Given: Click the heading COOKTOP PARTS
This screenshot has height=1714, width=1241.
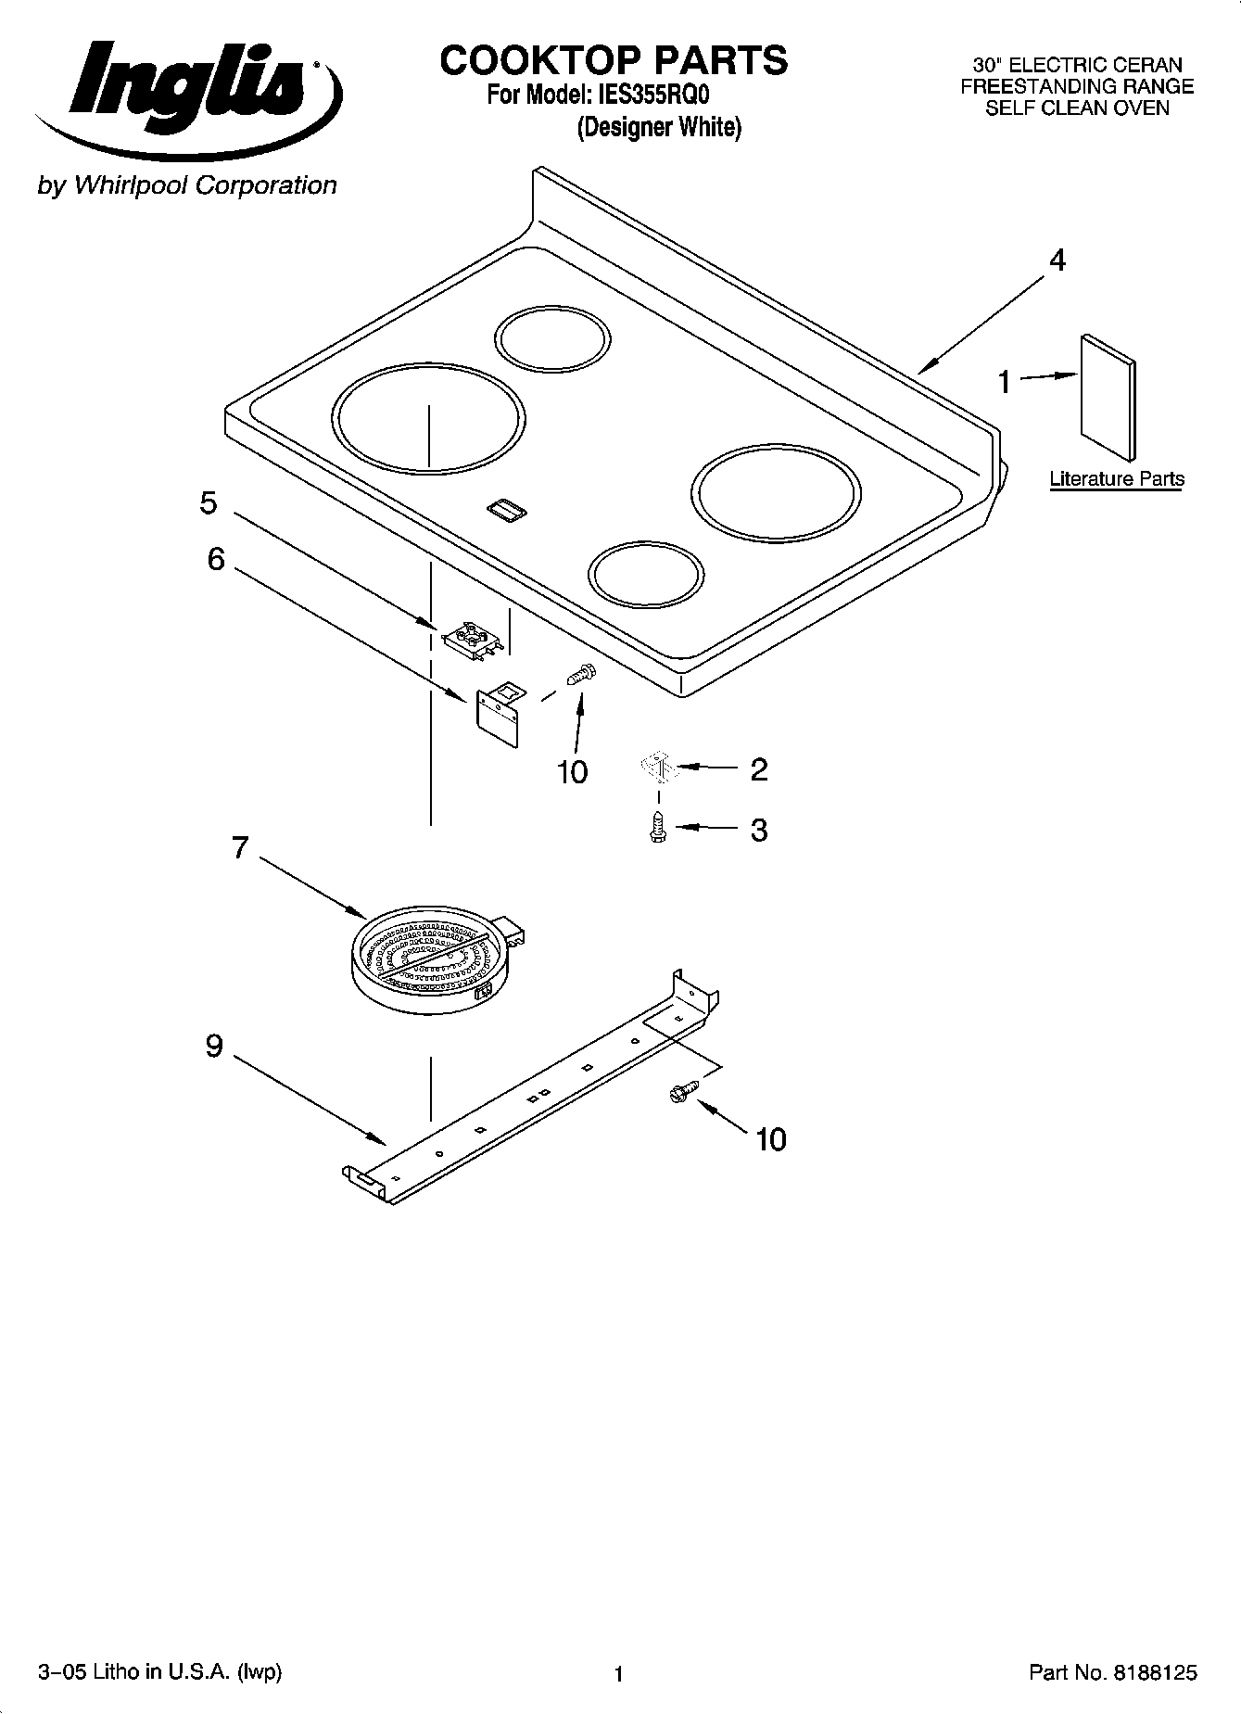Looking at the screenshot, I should coord(614,60).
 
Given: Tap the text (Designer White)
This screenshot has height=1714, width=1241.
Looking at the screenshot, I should coord(659,127).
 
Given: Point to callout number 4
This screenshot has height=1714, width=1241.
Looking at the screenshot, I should coord(1057,260).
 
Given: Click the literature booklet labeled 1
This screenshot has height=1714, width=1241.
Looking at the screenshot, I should coord(1107,396).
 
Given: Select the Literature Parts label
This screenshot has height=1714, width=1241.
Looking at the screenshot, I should coord(1116,479).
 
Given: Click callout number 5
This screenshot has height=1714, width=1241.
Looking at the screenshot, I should coord(209,503).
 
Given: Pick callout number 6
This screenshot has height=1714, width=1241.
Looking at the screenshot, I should coord(215,559).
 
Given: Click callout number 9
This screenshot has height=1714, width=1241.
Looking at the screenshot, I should coord(214,1046).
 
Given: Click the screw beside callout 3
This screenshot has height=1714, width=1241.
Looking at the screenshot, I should coord(658,827).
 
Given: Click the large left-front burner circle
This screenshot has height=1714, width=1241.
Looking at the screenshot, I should coord(429,419).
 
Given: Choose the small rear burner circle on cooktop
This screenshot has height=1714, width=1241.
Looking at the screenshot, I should coord(553,338).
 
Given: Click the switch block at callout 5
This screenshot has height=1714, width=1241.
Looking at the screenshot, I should coord(475,640).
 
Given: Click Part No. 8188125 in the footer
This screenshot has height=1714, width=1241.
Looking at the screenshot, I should coord(1112,1672).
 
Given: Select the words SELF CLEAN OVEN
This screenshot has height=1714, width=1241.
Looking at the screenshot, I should coord(1076,108).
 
